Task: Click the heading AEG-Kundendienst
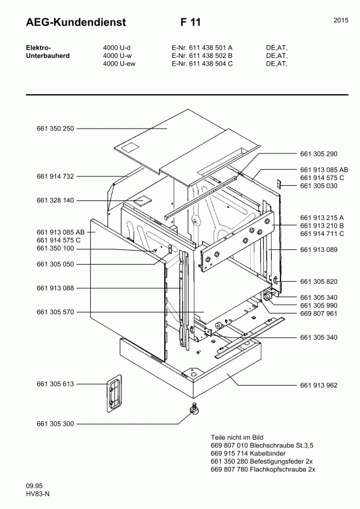(x=67, y=22)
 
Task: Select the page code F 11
(x=190, y=22)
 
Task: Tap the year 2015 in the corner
(x=340, y=21)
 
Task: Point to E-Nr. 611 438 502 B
(x=202, y=55)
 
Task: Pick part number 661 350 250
(x=55, y=129)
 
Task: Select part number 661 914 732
(x=55, y=176)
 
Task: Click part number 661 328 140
(x=55, y=200)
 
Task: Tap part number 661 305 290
(x=318, y=155)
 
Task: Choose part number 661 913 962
(x=318, y=386)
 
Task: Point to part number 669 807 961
(x=318, y=314)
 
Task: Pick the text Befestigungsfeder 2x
(x=285, y=461)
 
